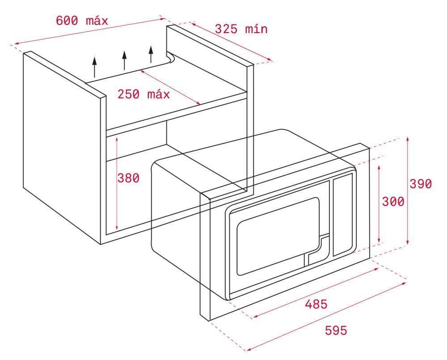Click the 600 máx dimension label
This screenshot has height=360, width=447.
click(82, 21)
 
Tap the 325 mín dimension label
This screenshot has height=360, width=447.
click(241, 29)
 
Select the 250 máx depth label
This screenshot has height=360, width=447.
click(143, 94)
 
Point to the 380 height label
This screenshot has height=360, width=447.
click(128, 178)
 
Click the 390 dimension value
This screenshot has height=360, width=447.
click(421, 184)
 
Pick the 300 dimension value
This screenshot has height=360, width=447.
click(393, 202)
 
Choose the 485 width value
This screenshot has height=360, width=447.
click(316, 305)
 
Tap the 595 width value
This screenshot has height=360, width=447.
click(336, 330)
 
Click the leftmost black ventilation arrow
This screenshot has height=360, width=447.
click(94, 67)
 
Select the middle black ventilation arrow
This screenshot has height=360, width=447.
click(124, 60)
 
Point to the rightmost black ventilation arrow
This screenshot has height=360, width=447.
click(151, 54)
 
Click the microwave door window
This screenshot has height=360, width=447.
click(278, 236)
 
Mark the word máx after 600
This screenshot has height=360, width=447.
click(97, 21)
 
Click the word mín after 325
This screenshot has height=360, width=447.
click(256, 29)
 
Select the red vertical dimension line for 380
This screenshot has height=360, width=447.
click(117, 183)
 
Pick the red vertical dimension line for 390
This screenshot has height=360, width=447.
click(408, 191)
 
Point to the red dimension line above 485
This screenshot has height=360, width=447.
click(316, 292)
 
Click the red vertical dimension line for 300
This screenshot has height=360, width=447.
click(379, 204)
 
